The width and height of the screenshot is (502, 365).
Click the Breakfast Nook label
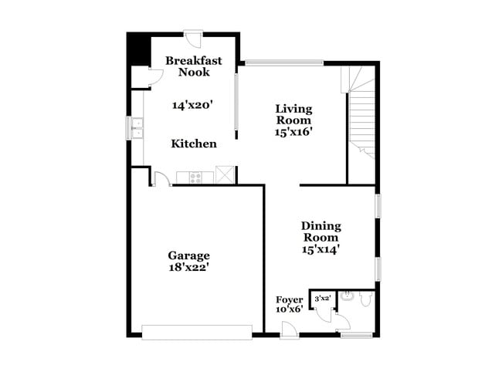(x=193, y=66)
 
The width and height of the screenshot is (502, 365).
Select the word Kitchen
(x=193, y=144)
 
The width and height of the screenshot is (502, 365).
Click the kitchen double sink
(x=137, y=128)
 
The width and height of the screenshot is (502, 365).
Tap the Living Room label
(x=293, y=114)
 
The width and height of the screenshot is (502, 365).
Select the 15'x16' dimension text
(x=293, y=132)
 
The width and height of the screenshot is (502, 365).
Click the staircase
(x=361, y=116)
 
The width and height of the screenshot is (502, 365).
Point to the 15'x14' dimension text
(x=321, y=249)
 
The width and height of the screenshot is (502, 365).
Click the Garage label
(x=189, y=255)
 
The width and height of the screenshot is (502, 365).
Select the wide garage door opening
(x=197, y=332)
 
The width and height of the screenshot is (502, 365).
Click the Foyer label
(x=290, y=299)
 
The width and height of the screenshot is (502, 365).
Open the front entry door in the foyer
(x=290, y=330)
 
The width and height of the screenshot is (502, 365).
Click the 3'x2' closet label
(x=322, y=297)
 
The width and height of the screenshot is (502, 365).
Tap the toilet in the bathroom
(x=348, y=296)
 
